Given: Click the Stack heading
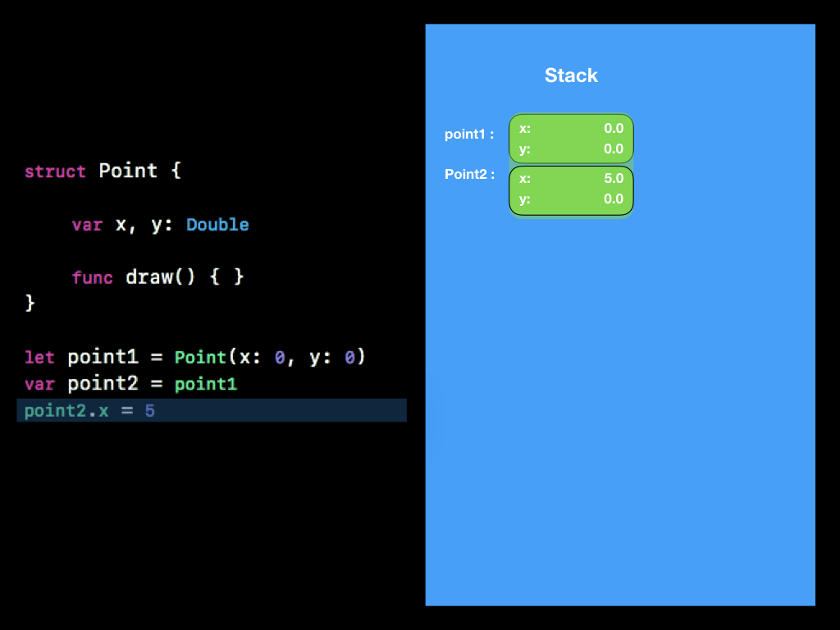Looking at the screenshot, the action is click(571, 75).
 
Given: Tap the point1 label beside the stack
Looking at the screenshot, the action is click(469, 134).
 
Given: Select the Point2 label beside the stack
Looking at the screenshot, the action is click(469, 174).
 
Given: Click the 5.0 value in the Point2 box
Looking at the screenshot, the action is click(613, 178).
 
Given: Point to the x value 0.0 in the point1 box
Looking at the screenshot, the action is click(613, 128).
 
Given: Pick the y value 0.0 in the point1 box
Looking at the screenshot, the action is click(613, 148).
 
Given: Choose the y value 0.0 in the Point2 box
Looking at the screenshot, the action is click(613, 199).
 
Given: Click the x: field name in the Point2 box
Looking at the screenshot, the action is click(525, 178).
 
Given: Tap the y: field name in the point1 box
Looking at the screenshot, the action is click(525, 148).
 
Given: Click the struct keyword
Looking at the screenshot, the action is click(55, 171).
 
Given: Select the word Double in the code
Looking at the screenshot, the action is click(217, 225).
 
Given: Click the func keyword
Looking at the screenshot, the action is click(92, 277).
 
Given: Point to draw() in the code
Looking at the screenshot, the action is click(160, 277).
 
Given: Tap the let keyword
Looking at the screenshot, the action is click(39, 358).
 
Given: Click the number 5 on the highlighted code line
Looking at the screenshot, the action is click(150, 411).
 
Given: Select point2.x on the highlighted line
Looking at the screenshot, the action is click(66, 411).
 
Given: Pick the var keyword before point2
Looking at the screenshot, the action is click(39, 384).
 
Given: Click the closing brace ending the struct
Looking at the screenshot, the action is click(30, 304).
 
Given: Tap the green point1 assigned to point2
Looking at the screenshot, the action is click(205, 384).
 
